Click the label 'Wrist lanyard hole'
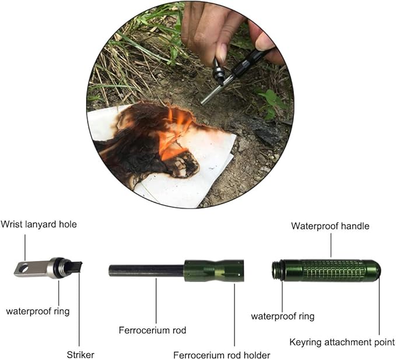[38, 224]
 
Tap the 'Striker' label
[80, 354]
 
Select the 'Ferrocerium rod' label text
[153, 330]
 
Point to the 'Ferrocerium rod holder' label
[222, 355]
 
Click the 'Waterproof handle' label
[330, 226]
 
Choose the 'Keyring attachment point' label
[342, 342]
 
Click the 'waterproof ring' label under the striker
[38, 311]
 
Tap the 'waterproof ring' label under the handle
[283, 316]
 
